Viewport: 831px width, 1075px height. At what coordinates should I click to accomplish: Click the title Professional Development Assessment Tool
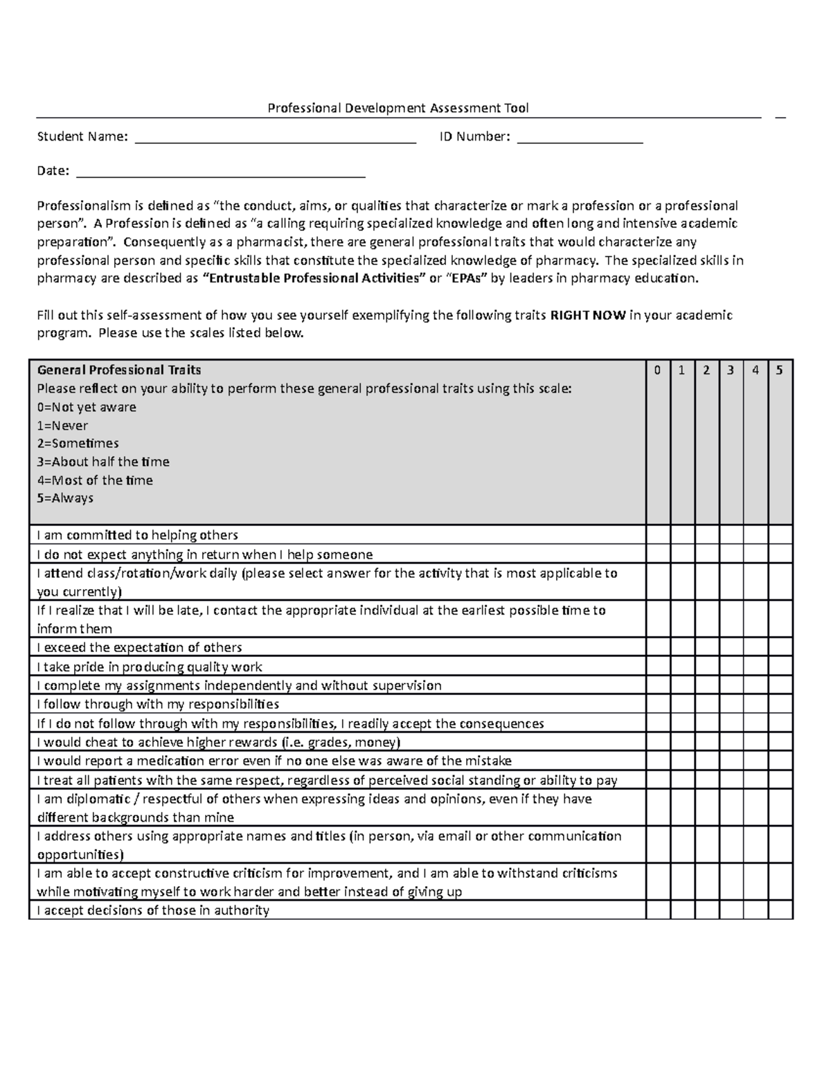tap(398, 108)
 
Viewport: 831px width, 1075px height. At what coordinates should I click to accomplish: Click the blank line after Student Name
tap(275, 137)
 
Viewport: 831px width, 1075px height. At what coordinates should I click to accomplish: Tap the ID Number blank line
tap(580, 137)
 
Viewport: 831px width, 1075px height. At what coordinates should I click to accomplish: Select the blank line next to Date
tap(220, 171)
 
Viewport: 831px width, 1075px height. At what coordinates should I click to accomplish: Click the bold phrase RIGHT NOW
tap(588, 316)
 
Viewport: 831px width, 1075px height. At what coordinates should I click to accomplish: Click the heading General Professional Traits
tap(119, 370)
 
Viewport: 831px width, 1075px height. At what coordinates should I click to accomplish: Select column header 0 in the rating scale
tap(657, 370)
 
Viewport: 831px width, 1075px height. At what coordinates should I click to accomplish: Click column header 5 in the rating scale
tap(780, 370)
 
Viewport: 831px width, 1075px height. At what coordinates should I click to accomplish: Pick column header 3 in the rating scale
tap(731, 370)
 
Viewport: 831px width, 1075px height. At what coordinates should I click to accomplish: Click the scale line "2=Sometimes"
tap(78, 444)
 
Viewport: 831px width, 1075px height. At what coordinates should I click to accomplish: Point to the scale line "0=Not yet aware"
tap(87, 407)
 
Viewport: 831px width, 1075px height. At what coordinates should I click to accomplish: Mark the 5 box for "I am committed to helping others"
tap(780, 535)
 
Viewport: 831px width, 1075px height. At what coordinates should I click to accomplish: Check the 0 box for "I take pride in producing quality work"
tap(657, 667)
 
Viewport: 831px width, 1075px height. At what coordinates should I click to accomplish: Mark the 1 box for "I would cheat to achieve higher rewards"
tap(682, 742)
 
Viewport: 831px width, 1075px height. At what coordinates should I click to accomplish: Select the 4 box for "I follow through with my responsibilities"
tap(756, 705)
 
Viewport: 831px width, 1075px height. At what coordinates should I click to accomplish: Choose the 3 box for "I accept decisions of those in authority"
tap(731, 910)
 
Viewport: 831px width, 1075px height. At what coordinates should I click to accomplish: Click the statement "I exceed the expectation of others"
tap(139, 648)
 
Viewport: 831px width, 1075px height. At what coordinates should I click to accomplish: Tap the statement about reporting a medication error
tap(274, 761)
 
